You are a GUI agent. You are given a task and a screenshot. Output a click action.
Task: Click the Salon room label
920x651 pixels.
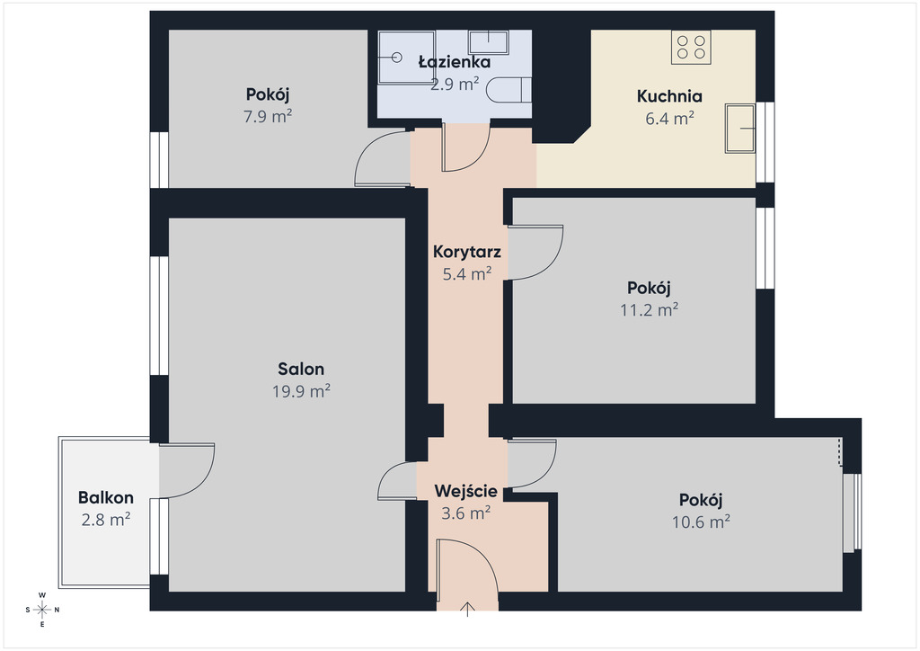tap(301, 369)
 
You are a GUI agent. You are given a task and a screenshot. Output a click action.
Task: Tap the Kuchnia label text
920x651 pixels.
tap(669, 95)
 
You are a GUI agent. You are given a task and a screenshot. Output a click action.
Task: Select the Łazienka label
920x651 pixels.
tap(455, 62)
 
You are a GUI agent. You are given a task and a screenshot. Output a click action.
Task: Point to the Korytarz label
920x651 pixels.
tap(467, 252)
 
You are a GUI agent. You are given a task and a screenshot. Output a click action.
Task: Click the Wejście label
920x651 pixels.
tap(466, 491)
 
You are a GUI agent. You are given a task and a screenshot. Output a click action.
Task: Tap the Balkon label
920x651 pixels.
tap(106, 498)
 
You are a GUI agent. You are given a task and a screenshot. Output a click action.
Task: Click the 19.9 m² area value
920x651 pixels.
tap(301, 391)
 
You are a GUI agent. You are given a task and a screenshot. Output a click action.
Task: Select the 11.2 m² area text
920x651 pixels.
tap(650, 309)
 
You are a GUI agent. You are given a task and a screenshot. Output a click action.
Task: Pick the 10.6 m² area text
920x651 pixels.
tap(701, 522)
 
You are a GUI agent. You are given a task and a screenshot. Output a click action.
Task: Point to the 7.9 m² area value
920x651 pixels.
tap(268, 116)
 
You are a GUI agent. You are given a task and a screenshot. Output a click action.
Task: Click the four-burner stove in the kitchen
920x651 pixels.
tap(691, 47)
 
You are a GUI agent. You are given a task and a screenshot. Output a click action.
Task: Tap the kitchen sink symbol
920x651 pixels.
tap(740, 128)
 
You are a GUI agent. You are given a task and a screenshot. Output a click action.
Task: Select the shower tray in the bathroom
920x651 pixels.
tap(407, 57)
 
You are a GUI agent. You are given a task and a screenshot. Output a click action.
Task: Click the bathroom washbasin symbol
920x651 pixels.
tap(488, 41)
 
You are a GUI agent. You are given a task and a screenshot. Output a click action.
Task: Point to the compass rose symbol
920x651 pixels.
tap(42, 610)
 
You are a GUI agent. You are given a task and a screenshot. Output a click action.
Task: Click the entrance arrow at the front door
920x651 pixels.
tap(467, 610)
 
